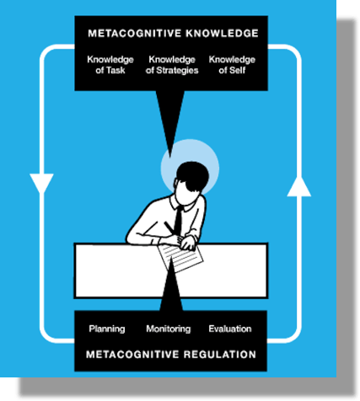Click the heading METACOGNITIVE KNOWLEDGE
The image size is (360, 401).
173,34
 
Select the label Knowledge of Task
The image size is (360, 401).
110,65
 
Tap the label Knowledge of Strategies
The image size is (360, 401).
172,65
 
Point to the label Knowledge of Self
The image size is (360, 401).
232,65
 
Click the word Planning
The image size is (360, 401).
107,329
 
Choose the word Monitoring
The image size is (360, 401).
169,329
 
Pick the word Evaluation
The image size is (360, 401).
230,329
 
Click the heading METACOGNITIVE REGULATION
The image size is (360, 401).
171,355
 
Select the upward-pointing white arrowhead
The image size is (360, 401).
299,187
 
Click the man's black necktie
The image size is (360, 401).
178,222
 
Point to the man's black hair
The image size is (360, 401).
192,175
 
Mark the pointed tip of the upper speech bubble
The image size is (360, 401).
170,158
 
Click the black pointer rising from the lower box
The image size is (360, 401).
171,285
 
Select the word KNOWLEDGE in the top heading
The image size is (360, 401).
222,34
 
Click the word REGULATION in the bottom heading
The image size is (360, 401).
220,355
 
